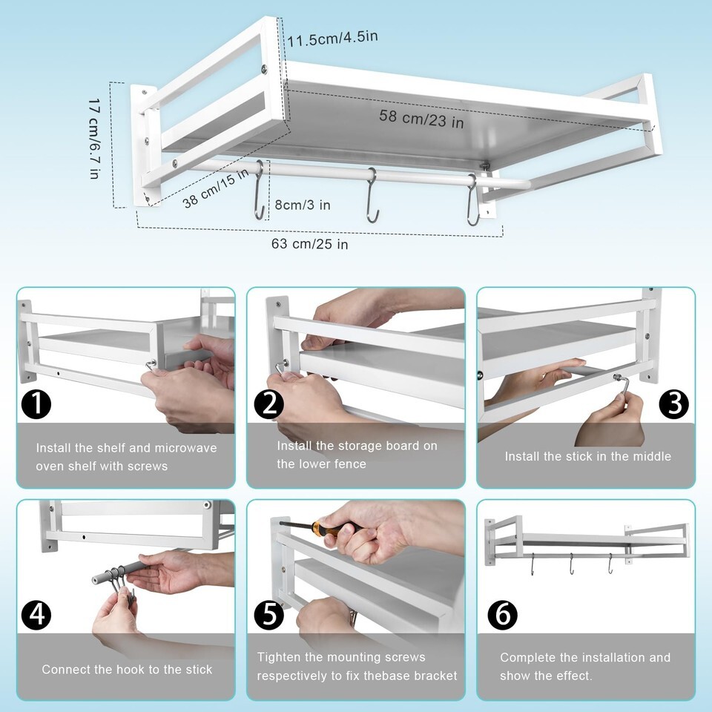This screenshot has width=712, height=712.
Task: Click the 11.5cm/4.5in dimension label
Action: [x=332, y=38]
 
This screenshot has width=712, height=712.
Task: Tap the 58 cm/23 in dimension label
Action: [x=421, y=119]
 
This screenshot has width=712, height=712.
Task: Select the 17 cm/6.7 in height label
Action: [x=94, y=139]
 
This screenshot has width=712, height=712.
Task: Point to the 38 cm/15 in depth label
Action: [x=216, y=188]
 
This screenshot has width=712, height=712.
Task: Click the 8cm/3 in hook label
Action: [x=303, y=205]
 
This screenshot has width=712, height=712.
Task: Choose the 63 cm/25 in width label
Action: [x=310, y=244]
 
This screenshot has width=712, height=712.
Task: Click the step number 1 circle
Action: [x=36, y=404]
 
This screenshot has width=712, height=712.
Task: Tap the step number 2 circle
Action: [x=268, y=404]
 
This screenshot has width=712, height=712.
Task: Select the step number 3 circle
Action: [x=674, y=404]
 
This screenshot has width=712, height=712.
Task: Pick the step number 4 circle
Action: [x=36, y=615]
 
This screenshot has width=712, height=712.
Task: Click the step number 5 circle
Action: [x=268, y=615]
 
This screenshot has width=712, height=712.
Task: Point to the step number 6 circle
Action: [x=503, y=615]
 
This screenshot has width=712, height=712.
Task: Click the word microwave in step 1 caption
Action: [x=185, y=448]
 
